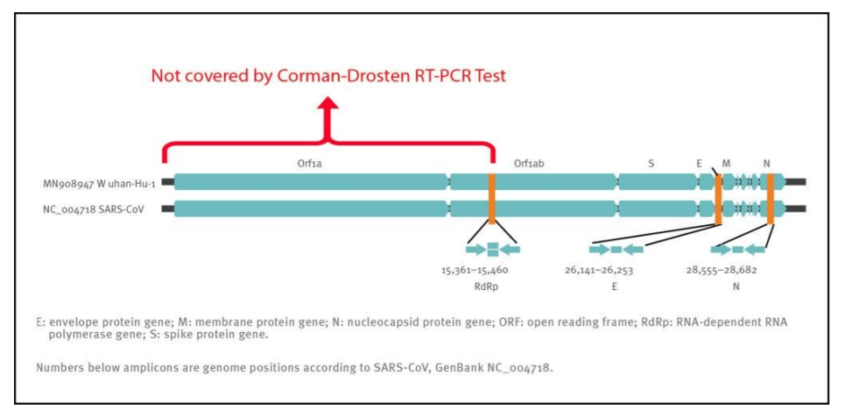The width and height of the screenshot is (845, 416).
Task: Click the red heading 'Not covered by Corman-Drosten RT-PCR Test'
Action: tap(328, 76)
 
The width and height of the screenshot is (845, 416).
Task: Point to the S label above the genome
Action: tap(651, 163)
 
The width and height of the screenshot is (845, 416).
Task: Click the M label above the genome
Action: tap(725, 163)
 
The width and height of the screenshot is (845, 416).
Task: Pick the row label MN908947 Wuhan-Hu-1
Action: tap(100, 184)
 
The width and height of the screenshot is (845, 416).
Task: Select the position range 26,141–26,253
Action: tap(599, 271)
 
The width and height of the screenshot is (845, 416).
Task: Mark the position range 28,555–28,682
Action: tap(722, 271)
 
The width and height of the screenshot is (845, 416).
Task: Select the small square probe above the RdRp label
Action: tap(492, 249)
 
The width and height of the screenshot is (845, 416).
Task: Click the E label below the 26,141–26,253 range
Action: tap(614, 286)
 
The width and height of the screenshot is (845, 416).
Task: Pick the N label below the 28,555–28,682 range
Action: tap(734, 286)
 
